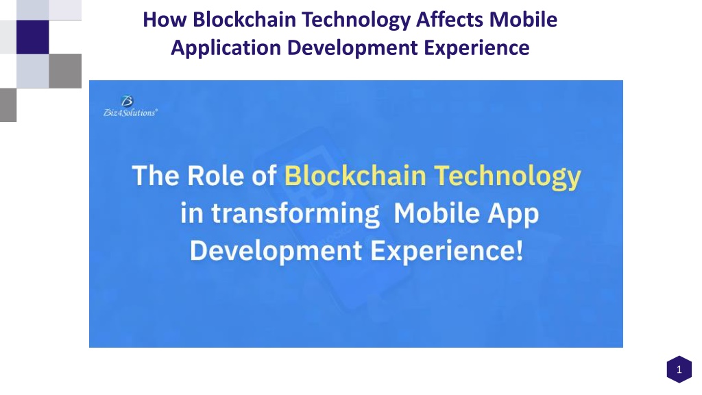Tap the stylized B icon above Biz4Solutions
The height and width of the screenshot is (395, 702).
tap(127, 101)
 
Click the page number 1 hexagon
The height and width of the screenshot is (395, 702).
tap(678, 370)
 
